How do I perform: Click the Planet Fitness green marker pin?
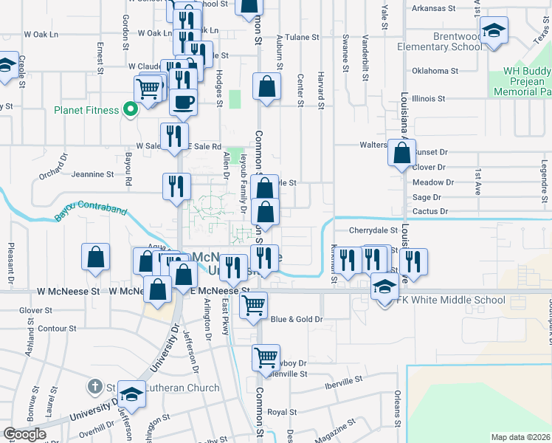click(x=131, y=110)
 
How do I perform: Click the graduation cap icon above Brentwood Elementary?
click(x=494, y=30)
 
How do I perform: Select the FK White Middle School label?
click(x=451, y=300)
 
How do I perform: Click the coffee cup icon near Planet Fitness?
click(x=184, y=101)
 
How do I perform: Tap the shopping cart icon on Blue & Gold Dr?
click(x=253, y=304)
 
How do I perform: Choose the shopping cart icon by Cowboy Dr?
click(x=266, y=357)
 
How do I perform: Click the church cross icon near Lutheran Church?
click(x=94, y=387)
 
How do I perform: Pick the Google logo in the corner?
click(x=24, y=434)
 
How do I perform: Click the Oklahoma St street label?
click(x=435, y=71)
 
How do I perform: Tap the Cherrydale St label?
click(x=373, y=230)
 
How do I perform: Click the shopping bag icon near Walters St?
click(x=402, y=154)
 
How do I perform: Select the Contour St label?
click(x=56, y=328)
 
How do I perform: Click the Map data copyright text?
click(x=520, y=437)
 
